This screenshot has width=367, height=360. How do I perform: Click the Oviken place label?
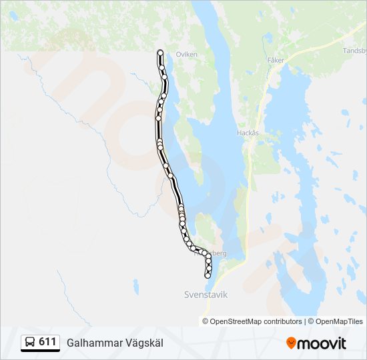pos(186,55)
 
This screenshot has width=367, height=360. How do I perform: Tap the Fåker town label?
pos(276,60)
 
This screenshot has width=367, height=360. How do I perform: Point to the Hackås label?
pos(248,133)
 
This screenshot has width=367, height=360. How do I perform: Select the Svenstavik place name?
pos(206,294)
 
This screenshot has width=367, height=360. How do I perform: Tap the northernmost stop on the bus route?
pos(160,52)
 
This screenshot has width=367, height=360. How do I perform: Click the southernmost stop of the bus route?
pos(208,275)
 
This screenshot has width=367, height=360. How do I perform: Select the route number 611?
pos(47,342)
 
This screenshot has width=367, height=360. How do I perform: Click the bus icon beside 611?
pos(30,343)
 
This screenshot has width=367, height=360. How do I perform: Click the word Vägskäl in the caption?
pos(141,343)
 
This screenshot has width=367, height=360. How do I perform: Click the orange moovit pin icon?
pos(291,343)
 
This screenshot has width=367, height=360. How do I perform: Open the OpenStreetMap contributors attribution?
pos(256,321)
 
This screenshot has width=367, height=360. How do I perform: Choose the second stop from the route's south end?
pos(209,269)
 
